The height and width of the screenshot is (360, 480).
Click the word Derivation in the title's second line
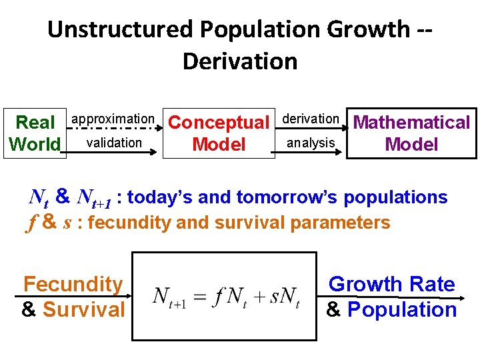[239, 61]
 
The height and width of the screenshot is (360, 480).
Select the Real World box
[35, 133]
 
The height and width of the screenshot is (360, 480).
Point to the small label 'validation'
[114, 142]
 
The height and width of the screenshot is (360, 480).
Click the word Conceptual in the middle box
[218, 123]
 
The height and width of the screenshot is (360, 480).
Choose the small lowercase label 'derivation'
[311, 119]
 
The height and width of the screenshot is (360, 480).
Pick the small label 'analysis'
[311, 142]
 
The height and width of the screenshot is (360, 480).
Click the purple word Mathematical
[411, 123]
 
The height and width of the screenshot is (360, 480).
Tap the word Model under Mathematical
[411, 145]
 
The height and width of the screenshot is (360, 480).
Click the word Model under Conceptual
[218, 145]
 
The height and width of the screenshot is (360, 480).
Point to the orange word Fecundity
[73, 285]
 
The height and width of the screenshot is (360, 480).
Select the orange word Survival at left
[83, 309]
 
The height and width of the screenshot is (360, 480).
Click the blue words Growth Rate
[392, 285]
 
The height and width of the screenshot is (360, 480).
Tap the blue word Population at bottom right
[402, 309]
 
